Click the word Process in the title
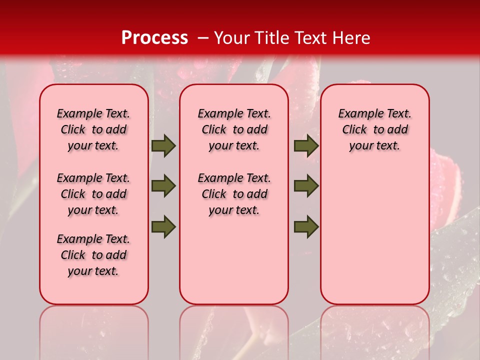[154, 38]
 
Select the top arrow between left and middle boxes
[163, 146]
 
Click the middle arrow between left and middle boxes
[163, 186]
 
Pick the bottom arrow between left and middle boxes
[163, 226]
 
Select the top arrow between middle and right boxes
[306, 146]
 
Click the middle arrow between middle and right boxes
[306, 186]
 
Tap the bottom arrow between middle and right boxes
[306, 226]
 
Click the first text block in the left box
[93, 129]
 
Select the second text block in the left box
[93, 194]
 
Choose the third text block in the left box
[93, 255]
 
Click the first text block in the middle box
[234, 129]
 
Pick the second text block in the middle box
[234, 194]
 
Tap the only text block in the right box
[374, 129]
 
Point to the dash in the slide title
[202, 38]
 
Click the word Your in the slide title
[232, 38]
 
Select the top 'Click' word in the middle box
[214, 130]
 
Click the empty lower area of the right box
[374, 235]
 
